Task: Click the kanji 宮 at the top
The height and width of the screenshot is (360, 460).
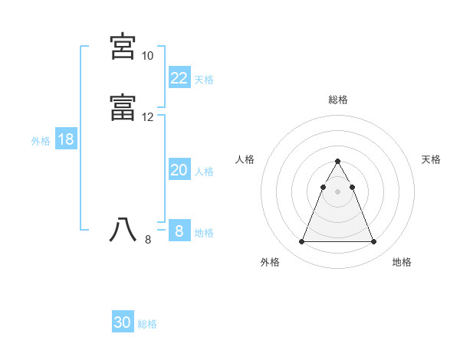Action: (123, 47)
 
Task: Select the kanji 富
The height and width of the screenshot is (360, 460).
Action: (123, 108)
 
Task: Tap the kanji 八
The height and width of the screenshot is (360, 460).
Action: (123, 230)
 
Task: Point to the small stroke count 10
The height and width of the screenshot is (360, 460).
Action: (147, 56)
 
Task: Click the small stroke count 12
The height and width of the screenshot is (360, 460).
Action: (147, 117)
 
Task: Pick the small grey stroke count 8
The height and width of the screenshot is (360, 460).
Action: (148, 240)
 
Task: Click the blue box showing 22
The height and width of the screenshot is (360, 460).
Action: (179, 78)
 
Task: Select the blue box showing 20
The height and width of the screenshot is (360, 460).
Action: (179, 171)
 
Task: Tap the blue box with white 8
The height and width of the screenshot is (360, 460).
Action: (179, 231)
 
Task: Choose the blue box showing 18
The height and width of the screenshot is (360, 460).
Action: (65, 139)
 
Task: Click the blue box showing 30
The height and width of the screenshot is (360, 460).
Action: (123, 323)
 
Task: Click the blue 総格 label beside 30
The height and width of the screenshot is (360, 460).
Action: (147, 324)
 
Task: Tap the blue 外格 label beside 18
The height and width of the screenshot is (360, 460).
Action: (41, 141)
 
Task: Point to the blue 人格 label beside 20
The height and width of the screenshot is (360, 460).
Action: (204, 172)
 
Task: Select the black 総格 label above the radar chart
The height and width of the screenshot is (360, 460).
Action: (337, 100)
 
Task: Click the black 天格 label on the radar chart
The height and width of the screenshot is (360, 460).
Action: (431, 159)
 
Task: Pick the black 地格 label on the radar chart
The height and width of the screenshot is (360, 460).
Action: (402, 262)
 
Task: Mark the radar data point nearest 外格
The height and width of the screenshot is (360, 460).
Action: (301, 242)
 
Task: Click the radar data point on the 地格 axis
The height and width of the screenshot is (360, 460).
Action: (373, 242)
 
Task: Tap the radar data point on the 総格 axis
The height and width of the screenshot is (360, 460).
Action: (337, 162)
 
